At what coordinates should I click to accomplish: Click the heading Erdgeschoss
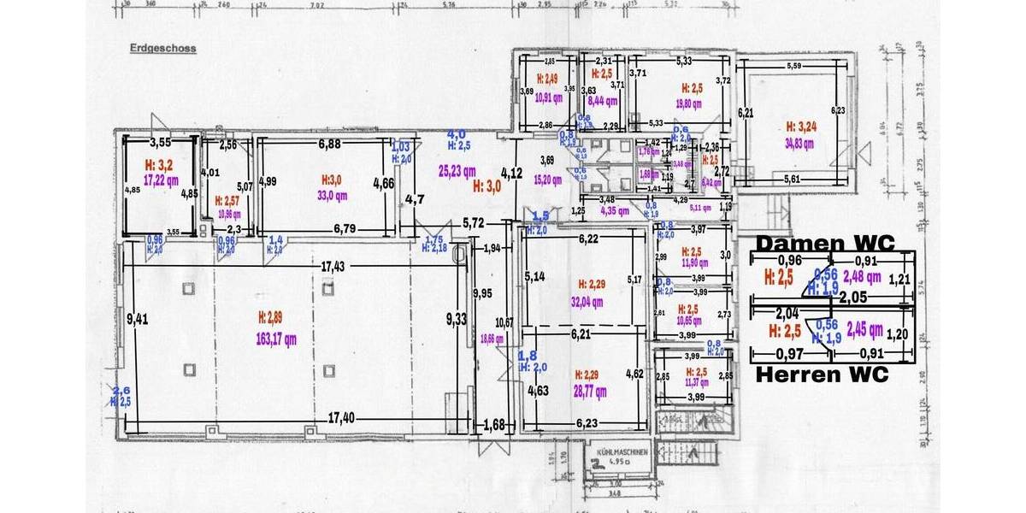[162, 49]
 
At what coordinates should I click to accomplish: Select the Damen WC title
[824, 243]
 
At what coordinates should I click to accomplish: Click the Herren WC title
[822, 374]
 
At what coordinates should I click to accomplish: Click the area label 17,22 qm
[160, 180]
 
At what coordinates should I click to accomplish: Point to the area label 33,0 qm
[329, 195]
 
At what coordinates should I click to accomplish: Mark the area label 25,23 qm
[457, 170]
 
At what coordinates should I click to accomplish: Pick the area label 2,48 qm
[861, 276]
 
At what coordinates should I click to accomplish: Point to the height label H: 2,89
[277, 317]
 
